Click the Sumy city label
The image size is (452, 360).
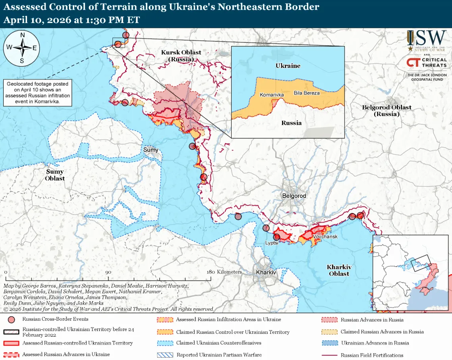pos(151,150)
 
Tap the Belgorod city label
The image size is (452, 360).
pos(294,196)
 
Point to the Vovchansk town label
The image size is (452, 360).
pos(325,237)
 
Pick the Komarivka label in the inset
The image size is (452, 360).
pos(272,95)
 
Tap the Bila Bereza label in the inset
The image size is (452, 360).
pos(307,93)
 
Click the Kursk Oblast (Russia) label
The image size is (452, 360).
pos(181,56)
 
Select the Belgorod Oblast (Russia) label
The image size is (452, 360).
pos(386,110)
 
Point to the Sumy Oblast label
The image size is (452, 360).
pos(55,175)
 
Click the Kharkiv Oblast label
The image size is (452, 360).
pos(339,270)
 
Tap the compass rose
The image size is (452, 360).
pos(22,48)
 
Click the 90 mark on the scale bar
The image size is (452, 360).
pos(108,272)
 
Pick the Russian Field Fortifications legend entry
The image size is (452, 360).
pos(371,355)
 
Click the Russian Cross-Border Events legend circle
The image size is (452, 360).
pos(12,319)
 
